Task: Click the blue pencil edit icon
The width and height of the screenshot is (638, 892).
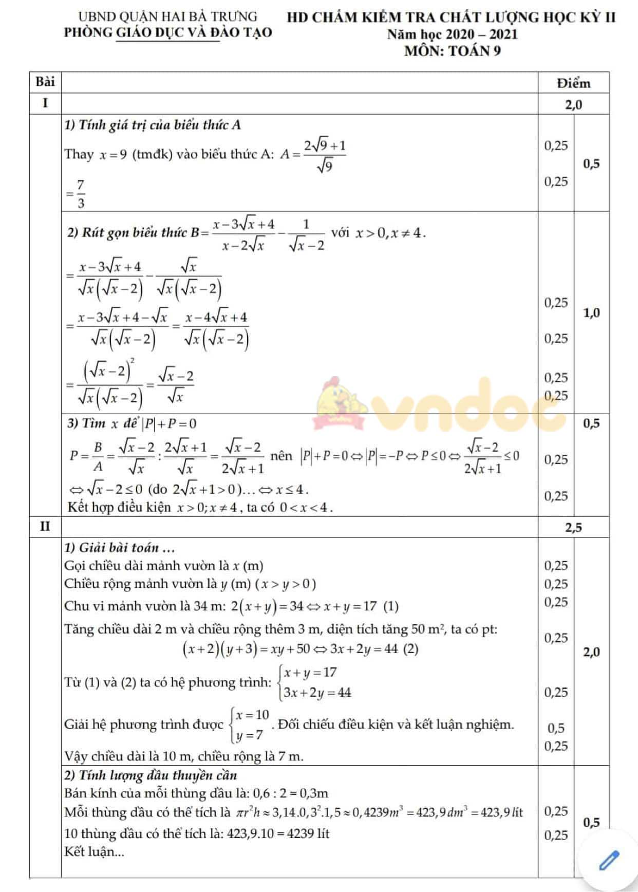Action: point(609,860)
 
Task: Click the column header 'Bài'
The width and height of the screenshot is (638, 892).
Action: point(45,82)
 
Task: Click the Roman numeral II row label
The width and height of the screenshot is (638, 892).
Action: point(45,527)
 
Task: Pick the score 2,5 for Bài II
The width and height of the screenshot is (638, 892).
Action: point(573,527)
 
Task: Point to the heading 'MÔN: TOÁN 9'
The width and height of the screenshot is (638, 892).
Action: point(452,51)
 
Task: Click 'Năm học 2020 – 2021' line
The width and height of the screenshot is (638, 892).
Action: point(452,34)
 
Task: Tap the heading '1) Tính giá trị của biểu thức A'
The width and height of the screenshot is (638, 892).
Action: point(153,125)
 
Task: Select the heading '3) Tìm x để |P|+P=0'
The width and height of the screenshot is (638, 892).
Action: point(132,423)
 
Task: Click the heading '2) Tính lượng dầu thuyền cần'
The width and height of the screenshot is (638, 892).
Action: point(151,775)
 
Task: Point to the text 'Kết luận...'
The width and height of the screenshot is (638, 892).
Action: point(94,851)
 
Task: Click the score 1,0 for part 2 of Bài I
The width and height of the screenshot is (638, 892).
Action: point(591,313)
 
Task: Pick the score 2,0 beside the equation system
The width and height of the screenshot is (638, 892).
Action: point(591,652)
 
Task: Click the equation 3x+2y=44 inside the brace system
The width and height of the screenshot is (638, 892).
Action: point(317,693)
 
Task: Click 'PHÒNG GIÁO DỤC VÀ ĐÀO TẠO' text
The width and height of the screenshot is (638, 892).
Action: point(168,32)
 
